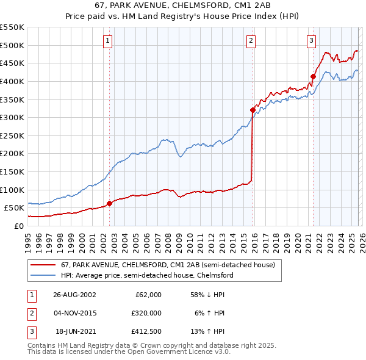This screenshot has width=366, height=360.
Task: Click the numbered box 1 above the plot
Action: point(107,41)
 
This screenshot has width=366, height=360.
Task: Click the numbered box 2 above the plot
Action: point(251,41)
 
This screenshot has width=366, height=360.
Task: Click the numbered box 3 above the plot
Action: point(311,41)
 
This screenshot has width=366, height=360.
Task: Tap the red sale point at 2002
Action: point(110,203)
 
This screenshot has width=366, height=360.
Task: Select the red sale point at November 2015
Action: point(253,110)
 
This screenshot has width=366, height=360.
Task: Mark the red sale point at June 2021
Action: point(313,77)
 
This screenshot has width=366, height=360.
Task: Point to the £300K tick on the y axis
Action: point(12,117)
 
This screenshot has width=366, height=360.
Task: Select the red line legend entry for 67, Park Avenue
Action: point(168,265)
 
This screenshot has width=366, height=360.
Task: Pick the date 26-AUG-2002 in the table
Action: point(74,295)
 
